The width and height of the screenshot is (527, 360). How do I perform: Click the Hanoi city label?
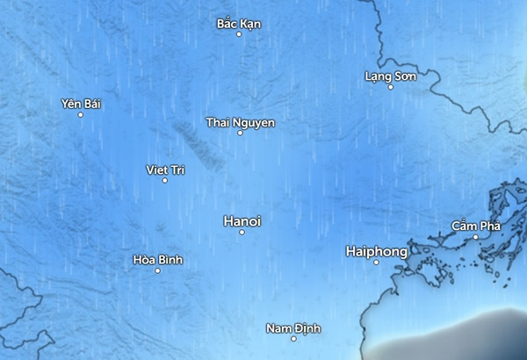242,220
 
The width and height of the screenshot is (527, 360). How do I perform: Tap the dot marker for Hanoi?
242,232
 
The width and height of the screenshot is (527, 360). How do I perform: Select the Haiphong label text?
377,251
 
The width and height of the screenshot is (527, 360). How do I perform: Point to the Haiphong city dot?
376,262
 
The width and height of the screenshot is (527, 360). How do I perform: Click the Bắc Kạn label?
239,23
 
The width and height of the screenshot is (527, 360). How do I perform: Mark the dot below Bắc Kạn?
239,34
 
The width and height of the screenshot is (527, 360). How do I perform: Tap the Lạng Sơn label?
390,76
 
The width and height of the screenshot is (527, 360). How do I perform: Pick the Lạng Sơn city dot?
391,87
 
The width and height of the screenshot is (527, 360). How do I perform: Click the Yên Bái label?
82,104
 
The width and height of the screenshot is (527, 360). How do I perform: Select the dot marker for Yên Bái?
81,114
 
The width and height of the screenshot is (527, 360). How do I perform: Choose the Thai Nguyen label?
240,121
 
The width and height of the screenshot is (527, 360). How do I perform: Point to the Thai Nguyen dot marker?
240,133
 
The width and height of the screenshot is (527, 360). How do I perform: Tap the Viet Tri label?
164,169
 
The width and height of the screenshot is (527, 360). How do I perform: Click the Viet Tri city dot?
164,180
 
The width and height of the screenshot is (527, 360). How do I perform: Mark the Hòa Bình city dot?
157,270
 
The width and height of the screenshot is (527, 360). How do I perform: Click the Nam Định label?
293,328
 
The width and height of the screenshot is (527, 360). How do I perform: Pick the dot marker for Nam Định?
293,339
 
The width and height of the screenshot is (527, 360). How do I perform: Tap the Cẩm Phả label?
475,226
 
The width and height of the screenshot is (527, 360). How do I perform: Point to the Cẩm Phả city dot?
475,236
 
